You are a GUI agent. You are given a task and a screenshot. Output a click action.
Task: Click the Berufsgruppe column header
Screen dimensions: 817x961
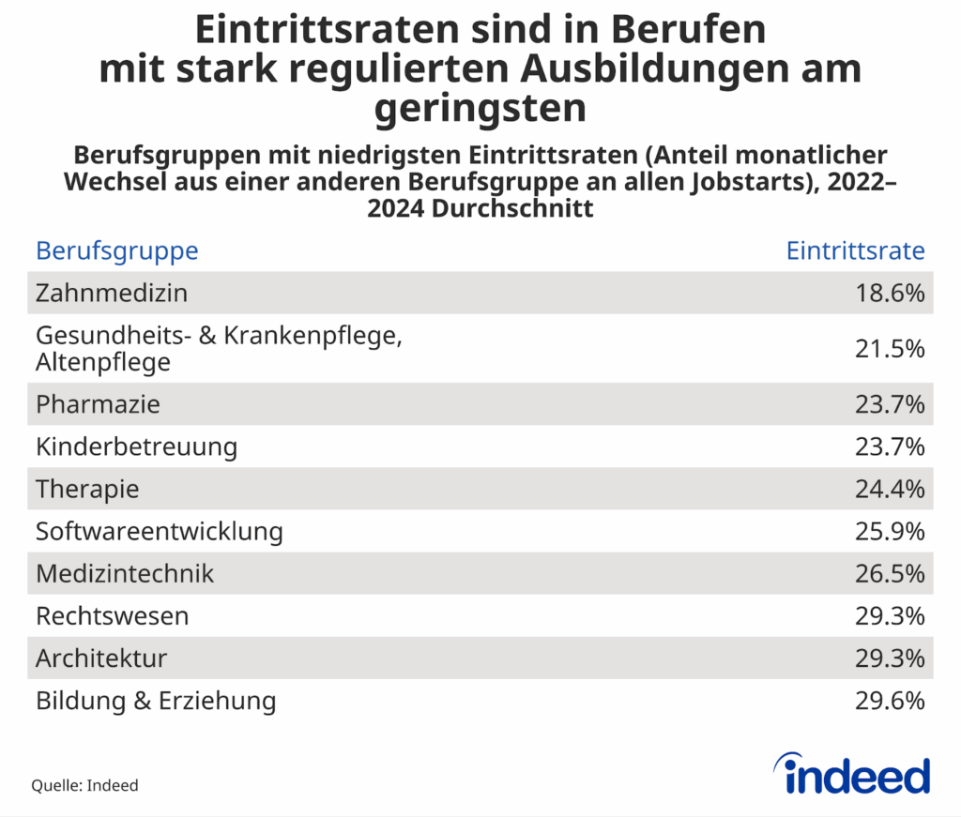tap(116, 250)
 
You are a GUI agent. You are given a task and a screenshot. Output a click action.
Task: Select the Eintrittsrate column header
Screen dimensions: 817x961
tap(855, 250)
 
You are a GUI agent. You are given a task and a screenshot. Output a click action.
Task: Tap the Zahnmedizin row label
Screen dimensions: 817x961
tap(112, 293)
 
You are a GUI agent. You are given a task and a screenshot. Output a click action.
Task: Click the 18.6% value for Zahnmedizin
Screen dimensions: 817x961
tap(890, 293)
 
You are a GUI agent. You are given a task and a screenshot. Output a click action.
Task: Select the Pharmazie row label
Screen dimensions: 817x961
tap(98, 404)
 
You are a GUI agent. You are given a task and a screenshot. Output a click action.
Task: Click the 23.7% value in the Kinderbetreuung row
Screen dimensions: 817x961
tap(890, 446)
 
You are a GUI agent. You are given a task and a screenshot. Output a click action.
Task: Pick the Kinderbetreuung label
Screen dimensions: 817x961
tap(136, 446)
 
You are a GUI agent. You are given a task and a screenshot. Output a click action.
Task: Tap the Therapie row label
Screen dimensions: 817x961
tap(87, 489)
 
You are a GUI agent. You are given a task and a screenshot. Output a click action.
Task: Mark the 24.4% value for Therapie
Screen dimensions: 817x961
tap(890, 489)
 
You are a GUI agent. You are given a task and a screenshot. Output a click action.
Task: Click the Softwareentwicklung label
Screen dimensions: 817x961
tap(160, 531)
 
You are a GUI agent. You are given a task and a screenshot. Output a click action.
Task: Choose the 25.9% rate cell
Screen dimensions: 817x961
tap(890, 531)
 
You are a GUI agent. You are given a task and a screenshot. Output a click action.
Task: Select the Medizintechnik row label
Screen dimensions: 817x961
tap(125, 573)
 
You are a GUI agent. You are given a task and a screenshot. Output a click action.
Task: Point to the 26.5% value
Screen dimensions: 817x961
tap(890, 573)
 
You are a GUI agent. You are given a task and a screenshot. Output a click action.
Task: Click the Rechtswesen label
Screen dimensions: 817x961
tap(112, 615)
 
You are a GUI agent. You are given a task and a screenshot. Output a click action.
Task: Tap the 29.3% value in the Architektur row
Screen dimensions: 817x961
tap(890, 658)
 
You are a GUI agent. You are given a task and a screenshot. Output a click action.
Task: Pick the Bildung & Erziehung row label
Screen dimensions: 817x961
tap(156, 700)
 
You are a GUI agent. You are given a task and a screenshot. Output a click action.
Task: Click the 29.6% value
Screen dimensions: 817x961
tap(890, 700)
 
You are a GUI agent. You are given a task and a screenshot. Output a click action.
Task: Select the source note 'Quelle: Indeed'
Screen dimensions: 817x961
tap(84, 785)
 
